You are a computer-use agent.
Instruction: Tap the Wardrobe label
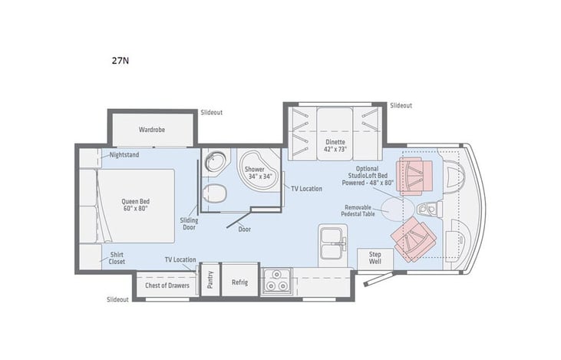click(x=152, y=130)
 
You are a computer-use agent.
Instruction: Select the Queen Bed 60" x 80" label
click(x=134, y=205)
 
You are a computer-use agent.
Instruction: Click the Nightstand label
click(x=124, y=154)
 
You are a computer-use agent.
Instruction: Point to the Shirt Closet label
click(x=118, y=257)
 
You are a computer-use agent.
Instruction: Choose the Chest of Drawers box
click(x=167, y=284)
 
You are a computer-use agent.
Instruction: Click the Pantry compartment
click(x=210, y=282)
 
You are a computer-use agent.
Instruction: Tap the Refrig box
click(x=239, y=282)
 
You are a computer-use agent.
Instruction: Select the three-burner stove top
click(x=276, y=282)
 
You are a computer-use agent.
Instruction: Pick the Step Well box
click(x=375, y=257)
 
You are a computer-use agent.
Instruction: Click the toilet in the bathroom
click(x=218, y=193)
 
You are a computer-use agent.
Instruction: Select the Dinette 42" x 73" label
click(x=335, y=146)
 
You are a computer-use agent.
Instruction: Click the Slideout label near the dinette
click(x=401, y=105)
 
